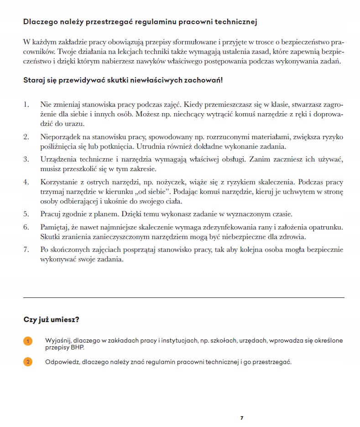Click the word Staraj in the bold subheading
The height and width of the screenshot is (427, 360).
point(34,81)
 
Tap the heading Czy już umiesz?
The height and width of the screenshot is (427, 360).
point(51,320)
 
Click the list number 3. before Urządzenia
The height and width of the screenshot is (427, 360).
point(26,159)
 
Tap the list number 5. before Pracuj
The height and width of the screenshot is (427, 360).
point(26,213)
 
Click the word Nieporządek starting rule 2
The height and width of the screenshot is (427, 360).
point(62,137)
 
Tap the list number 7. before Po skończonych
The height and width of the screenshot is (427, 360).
point(26,250)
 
